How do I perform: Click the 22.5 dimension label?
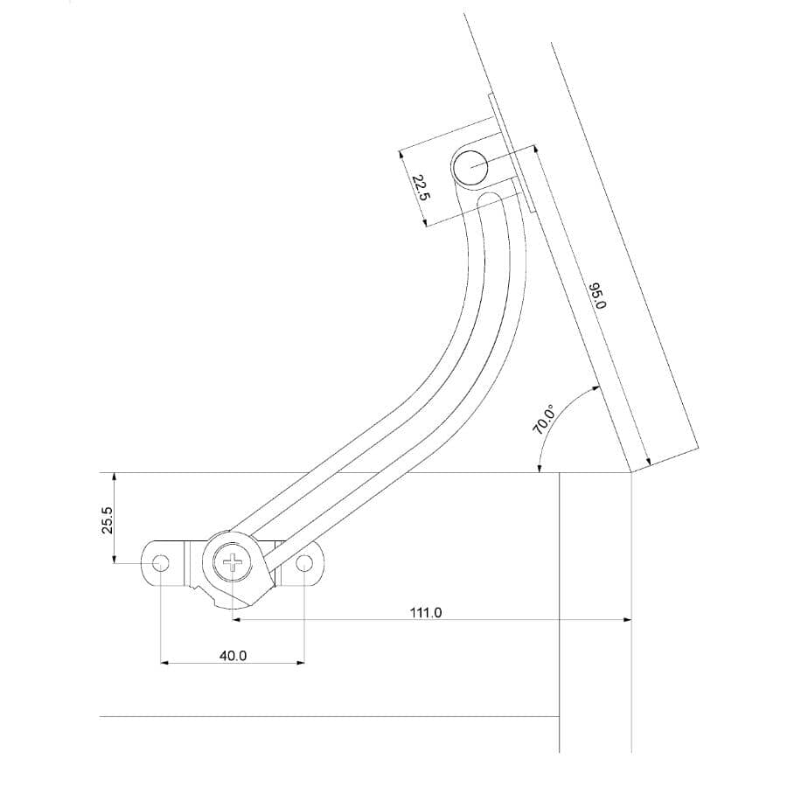421,188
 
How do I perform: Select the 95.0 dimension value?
597,296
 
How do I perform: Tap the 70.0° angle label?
544,419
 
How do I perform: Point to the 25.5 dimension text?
107,520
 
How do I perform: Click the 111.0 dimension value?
426,613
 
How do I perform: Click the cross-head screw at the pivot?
233,562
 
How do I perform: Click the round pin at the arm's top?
472,167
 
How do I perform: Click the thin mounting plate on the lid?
510,153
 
